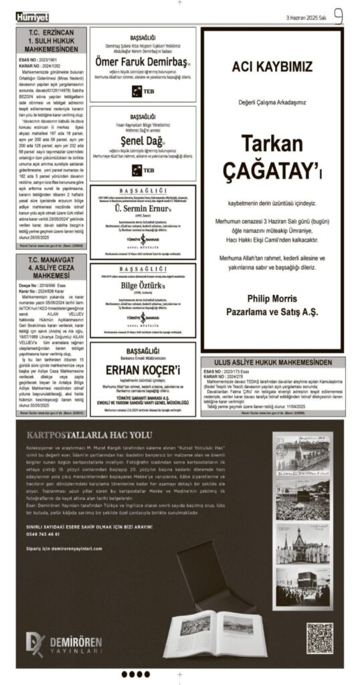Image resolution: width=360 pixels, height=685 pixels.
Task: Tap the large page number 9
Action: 338,15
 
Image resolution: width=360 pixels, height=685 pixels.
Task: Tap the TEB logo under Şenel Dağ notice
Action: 143,170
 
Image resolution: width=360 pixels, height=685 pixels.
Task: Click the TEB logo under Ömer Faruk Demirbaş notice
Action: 143,89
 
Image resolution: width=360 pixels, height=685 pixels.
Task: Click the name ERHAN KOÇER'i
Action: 142,371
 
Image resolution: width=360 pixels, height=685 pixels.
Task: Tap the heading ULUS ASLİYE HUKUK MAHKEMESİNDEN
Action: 272,363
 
